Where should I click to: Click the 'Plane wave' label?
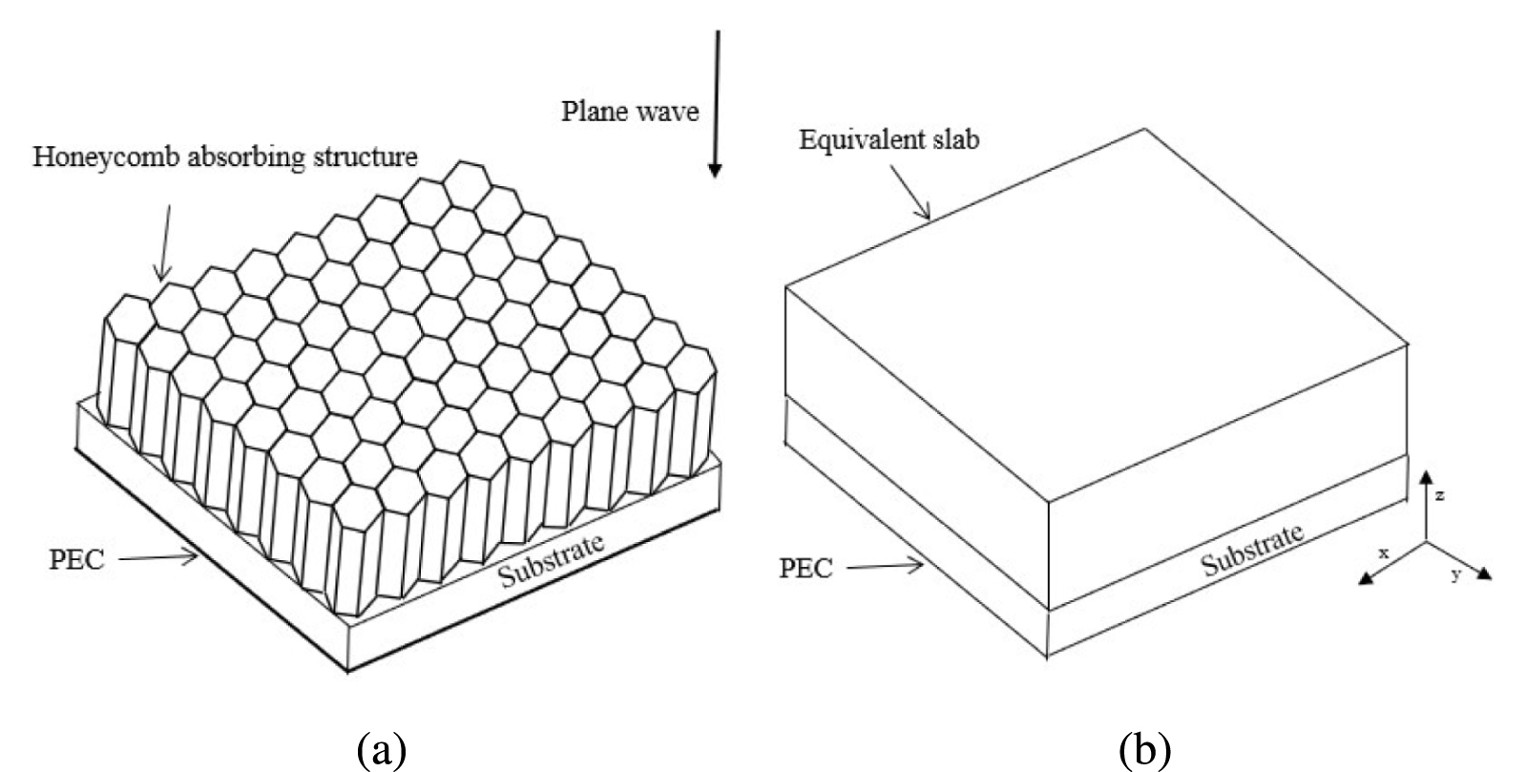tap(629, 112)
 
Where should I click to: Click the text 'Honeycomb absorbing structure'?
tap(225, 156)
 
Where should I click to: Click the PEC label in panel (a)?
tap(75, 559)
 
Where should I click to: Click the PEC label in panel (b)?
tap(806, 569)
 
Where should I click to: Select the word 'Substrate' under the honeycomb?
tap(552, 560)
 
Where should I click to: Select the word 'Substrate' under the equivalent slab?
tap(1252, 551)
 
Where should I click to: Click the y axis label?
tap(1456, 574)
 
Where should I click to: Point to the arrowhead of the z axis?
tap(1426, 475)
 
